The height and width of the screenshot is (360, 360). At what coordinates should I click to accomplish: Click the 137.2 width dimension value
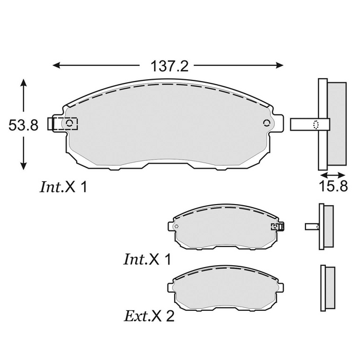pyautogui.click(x=169, y=67)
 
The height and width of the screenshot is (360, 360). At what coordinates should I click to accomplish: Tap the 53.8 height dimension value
pyautogui.click(x=23, y=125)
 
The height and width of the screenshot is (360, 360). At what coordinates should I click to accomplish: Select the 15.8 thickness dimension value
pyautogui.click(x=333, y=186)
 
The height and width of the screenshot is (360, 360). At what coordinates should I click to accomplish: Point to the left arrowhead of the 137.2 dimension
pyautogui.click(x=57, y=65)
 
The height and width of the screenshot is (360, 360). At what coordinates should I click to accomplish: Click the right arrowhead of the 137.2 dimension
pyautogui.click(x=279, y=65)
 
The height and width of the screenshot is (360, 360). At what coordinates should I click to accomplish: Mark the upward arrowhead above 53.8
pyautogui.click(x=23, y=83)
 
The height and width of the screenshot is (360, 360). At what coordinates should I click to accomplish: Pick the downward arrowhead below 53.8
pyautogui.click(x=23, y=166)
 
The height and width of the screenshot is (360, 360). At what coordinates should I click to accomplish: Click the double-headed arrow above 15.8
pyautogui.click(x=332, y=175)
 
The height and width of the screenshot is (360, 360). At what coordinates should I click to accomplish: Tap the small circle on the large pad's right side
pyautogui.click(x=266, y=123)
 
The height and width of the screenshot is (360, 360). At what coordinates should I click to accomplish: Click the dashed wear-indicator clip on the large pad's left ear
pyautogui.click(x=62, y=124)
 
